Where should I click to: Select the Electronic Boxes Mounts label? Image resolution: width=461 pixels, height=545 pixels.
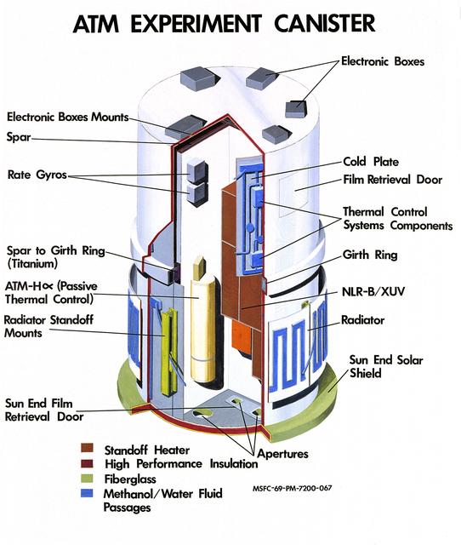[68, 117]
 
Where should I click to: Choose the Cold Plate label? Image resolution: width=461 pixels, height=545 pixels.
[371, 161]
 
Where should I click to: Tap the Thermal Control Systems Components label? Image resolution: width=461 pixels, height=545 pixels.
[396, 219]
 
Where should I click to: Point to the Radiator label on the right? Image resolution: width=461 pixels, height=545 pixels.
[362, 319]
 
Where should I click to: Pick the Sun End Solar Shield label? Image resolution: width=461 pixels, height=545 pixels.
[385, 367]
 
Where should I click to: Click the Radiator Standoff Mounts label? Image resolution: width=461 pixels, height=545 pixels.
[49, 328]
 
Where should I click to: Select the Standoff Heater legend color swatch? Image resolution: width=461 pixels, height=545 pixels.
[88, 449]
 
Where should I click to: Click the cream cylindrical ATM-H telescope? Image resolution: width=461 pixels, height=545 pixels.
[202, 324]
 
